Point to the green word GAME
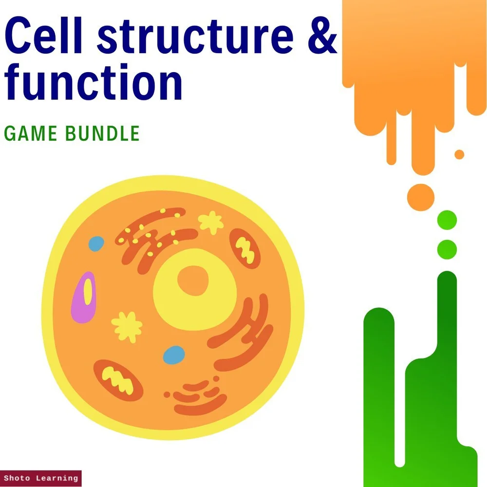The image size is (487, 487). click(x=31, y=133)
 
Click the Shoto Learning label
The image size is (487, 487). click(x=40, y=478)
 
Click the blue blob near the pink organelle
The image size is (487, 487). click(x=96, y=243)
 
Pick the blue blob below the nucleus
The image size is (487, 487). click(x=174, y=355)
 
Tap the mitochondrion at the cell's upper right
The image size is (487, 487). click(x=245, y=248)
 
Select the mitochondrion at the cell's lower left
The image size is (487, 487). click(x=118, y=378)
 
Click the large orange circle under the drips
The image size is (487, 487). click(x=420, y=197)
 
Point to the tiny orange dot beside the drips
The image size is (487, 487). click(x=459, y=154)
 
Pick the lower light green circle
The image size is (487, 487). click(x=447, y=249)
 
